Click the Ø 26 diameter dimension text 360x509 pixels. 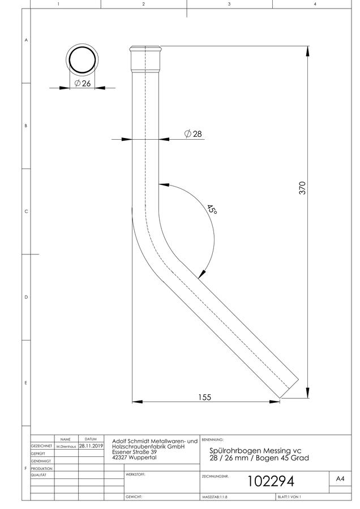click(x=83, y=84)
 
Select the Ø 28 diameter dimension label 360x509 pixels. click(x=193, y=133)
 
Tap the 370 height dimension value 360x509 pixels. click(x=302, y=188)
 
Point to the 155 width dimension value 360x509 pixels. click(x=205, y=397)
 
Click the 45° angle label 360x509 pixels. click(x=212, y=209)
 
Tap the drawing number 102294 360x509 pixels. click(x=271, y=481)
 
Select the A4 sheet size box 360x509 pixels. click(x=340, y=478)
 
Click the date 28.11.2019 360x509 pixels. click(x=91, y=446)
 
